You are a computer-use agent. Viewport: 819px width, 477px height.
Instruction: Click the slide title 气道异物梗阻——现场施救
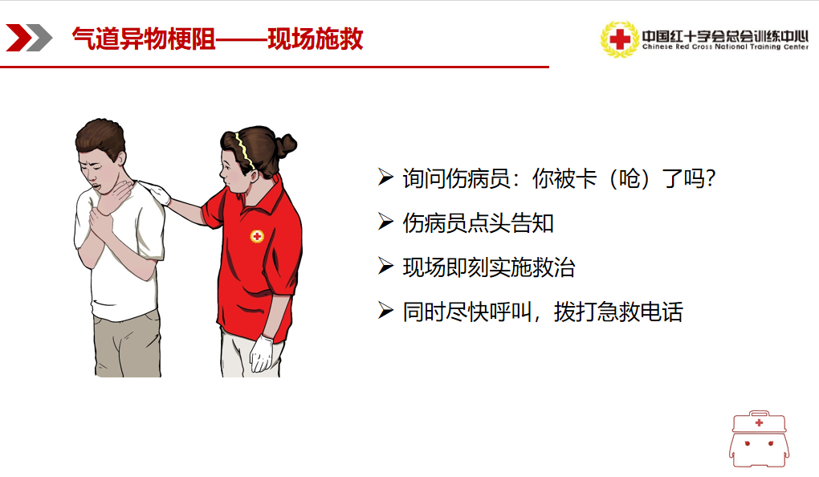(x=218, y=39)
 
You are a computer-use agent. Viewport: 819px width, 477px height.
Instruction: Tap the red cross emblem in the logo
(x=620, y=39)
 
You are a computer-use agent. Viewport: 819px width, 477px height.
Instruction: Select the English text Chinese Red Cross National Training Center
(x=725, y=47)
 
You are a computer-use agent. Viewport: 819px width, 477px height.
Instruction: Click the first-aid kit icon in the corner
(x=759, y=439)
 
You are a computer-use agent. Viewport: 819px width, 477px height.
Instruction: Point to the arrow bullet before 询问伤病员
(x=385, y=177)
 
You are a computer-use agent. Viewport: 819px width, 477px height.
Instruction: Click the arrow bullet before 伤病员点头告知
(x=385, y=222)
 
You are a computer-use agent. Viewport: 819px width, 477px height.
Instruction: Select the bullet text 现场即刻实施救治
(x=489, y=267)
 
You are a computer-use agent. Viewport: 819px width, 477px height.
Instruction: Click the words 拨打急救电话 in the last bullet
(x=618, y=312)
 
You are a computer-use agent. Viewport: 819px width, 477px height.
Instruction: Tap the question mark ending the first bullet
(x=709, y=179)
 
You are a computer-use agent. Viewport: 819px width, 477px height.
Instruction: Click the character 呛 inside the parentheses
(x=630, y=179)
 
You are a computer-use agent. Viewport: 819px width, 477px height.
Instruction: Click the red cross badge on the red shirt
(x=256, y=237)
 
